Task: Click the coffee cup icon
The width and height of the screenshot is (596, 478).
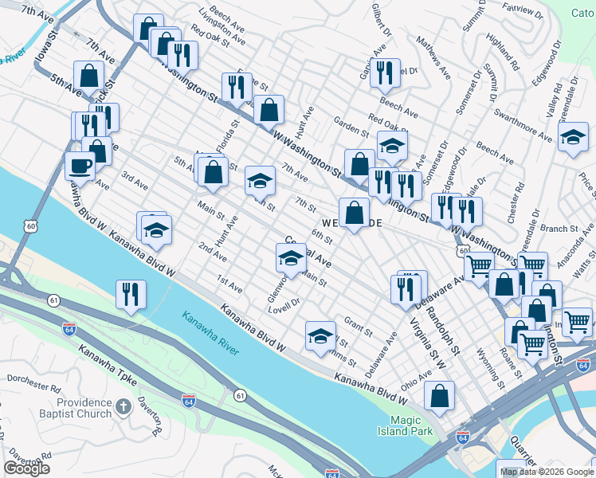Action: pos(80,166)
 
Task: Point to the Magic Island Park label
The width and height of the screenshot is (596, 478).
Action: pos(411,426)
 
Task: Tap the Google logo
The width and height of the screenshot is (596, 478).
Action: pos(26,469)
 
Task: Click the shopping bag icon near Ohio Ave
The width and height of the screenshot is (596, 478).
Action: pos(439,396)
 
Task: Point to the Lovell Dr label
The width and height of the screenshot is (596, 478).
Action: pos(283,302)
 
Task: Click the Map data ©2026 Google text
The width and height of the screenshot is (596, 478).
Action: pos(546,472)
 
